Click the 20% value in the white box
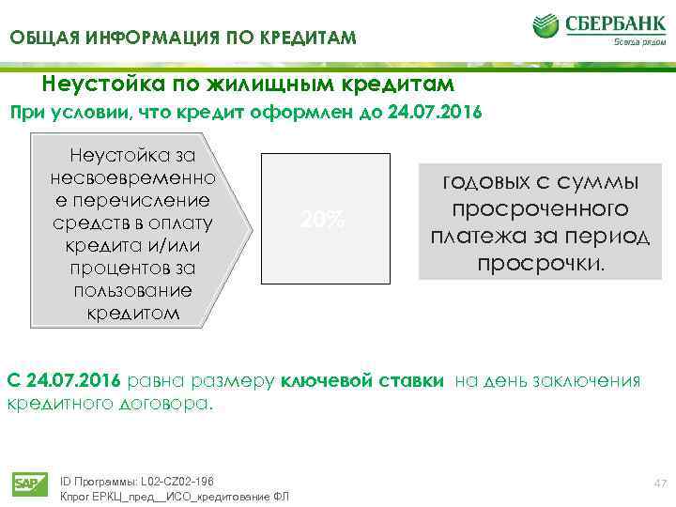click(322, 221)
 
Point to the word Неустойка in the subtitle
click(97, 84)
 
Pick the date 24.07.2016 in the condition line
click(429, 113)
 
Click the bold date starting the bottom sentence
click(63, 380)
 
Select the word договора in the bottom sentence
click(174, 405)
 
